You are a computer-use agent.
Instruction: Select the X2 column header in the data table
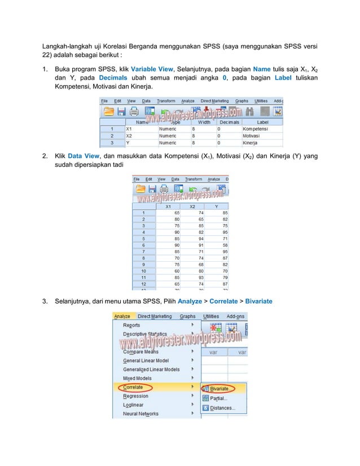192,206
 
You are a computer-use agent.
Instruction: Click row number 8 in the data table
143,258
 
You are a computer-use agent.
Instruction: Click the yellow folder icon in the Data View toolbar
139,189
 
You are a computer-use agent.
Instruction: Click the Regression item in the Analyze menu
136,396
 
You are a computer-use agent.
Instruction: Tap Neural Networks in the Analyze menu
141,414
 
